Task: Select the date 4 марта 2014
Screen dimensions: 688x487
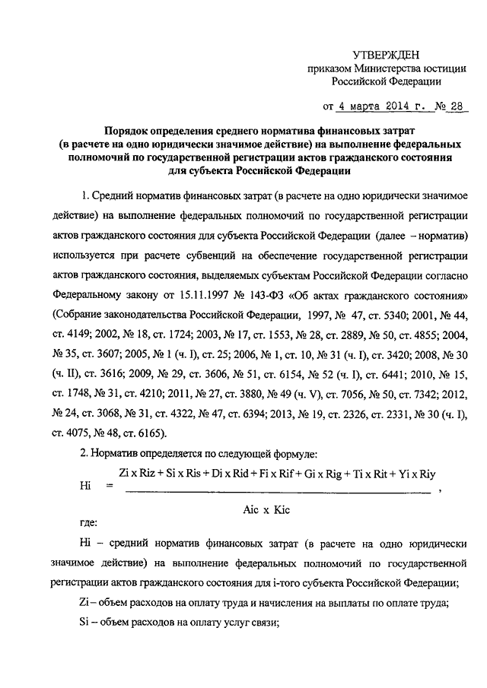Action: click(371, 106)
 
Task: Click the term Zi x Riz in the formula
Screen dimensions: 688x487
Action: click(138, 472)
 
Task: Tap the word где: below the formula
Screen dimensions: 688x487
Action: click(88, 524)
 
